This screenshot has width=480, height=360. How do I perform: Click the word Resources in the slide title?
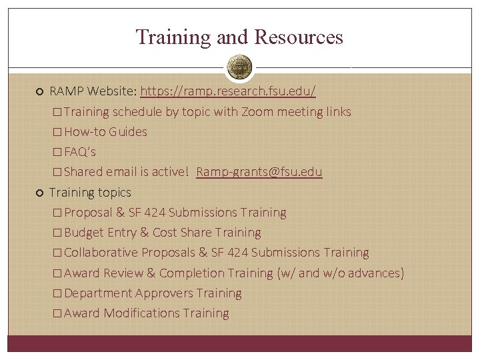click(x=300, y=37)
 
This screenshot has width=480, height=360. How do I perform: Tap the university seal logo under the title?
click(x=240, y=67)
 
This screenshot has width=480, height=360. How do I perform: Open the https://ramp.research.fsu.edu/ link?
click(x=228, y=91)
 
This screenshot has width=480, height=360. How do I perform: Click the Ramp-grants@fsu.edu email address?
click(x=259, y=172)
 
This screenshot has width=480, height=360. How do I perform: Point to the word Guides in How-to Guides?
click(x=129, y=132)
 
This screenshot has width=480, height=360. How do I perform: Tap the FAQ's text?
click(x=80, y=152)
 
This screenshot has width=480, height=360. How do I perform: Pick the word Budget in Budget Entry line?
click(x=84, y=233)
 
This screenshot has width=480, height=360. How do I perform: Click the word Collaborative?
click(x=101, y=253)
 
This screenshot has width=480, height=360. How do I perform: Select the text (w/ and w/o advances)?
click(x=340, y=273)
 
